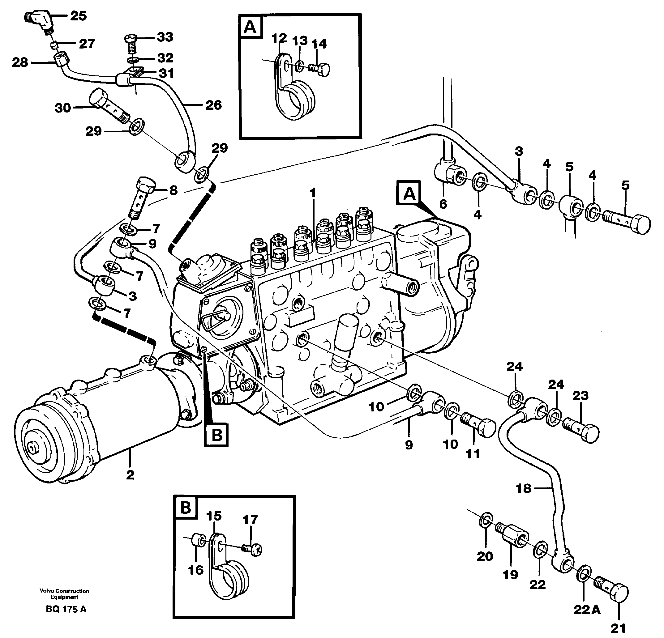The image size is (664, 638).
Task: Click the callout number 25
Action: [x=78, y=15]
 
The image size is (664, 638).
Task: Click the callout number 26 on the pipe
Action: [x=213, y=105]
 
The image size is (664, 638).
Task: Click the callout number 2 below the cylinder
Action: [x=130, y=475]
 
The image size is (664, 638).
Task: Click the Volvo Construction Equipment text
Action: [x=64, y=594]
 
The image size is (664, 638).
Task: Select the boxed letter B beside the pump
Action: [x=216, y=435]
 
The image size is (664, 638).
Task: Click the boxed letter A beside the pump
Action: [x=409, y=194]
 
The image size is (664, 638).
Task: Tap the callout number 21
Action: [x=618, y=628]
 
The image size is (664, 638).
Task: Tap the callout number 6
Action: [x=443, y=204]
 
